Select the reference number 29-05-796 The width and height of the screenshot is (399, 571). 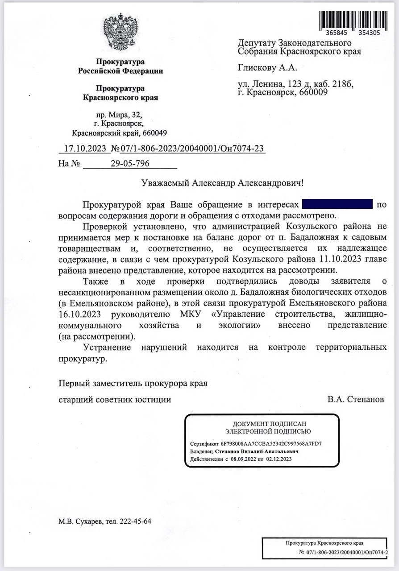pos(130,163)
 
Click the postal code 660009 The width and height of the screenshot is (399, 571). pos(314,92)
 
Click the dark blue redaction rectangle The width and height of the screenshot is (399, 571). pos(337,205)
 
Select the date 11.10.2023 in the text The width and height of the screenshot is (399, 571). pos(343,259)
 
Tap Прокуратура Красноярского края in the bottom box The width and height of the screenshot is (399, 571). pos(324,543)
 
